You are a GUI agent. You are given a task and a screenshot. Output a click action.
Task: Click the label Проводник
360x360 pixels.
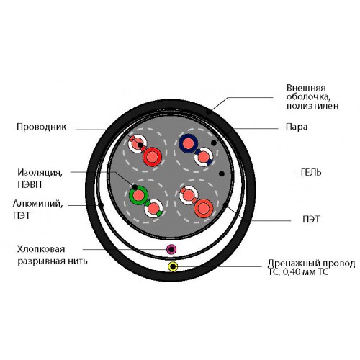coord(42,127)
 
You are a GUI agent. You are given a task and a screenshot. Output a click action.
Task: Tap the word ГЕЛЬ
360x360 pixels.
coord(311,173)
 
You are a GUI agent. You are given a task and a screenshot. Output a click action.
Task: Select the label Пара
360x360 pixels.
coord(297,127)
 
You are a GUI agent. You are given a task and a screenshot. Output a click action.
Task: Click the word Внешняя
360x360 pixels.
coord(306,88)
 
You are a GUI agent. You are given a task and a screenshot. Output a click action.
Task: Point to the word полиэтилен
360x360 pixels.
coord(312,106)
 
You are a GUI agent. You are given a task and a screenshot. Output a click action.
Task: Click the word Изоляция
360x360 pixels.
coord(40,173)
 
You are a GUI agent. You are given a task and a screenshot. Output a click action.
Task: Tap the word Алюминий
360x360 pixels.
coord(38,204)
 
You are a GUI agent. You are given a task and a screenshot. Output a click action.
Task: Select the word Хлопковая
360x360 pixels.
coord(41,249)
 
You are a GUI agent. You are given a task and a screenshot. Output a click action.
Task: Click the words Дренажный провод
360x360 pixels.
coord(311,264)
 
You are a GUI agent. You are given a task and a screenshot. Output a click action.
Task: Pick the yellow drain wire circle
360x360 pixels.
coord(173,266)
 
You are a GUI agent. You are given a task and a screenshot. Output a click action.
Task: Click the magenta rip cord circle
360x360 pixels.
coord(171,250)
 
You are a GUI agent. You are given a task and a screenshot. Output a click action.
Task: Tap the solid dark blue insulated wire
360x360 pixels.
coord(189,143)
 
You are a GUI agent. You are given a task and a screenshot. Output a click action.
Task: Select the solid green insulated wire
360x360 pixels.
coord(138,195)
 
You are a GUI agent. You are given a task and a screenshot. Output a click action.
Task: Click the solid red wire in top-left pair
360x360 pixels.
coord(153,157)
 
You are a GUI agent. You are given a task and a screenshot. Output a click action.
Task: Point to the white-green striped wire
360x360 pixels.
coord(153,208)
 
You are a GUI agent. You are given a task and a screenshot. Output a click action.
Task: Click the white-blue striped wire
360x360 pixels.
coord(204,157)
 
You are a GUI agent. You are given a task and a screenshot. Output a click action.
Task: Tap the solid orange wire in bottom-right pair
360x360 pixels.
coord(204,208)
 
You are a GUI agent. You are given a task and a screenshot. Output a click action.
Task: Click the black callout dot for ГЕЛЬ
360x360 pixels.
coord(222,174)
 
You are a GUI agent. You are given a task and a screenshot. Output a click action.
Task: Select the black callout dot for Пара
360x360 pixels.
coord(214,143)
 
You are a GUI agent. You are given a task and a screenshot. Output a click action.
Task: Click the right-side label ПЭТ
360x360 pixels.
coord(311,219)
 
